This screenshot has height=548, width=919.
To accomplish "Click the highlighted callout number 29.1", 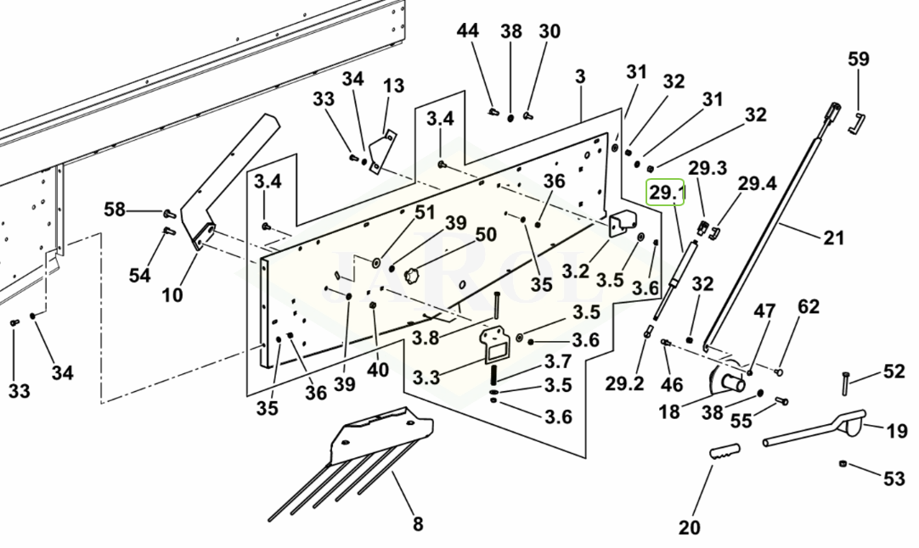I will click(667, 193).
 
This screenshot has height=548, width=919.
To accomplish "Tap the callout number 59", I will click(859, 59).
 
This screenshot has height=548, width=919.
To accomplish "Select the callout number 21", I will click(833, 238).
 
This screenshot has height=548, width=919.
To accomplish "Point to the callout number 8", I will click(417, 524).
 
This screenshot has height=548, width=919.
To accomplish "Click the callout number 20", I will click(690, 528).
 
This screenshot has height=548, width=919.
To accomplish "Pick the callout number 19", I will click(896, 432).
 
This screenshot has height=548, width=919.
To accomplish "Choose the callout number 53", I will click(894, 479).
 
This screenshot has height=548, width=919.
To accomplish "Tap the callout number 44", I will click(468, 31).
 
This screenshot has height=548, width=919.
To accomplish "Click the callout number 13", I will click(393, 86).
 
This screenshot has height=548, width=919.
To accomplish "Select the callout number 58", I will click(115, 209).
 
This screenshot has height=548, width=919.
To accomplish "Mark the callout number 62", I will click(809, 306).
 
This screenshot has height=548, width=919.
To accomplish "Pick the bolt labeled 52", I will click(846, 383).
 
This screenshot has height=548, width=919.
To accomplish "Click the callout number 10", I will click(172, 294).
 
